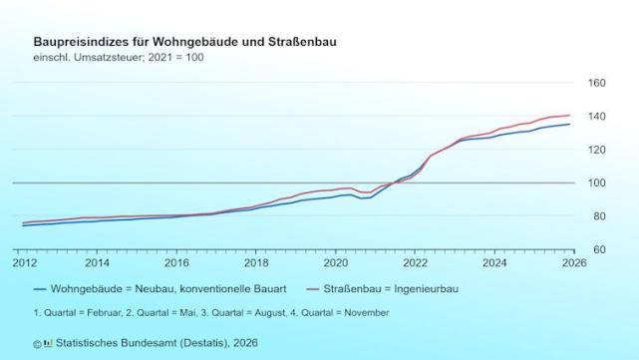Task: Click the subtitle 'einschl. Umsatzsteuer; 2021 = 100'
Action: pyautogui.click(x=119, y=58)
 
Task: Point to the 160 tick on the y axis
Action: pyautogui.click(x=596, y=84)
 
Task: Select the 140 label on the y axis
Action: pyautogui.click(x=596, y=117)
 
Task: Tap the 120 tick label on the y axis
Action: pyautogui.click(x=596, y=150)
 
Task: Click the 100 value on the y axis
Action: pyautogui.click(x=596, y=182)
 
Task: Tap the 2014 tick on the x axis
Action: pyautogui.click(x=97, y=263)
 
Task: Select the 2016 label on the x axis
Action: pyautogui.click(x=176, y=263)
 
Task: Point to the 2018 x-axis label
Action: pyautogui.click(x=256, y=263)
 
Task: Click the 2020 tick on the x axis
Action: pyautogui.click(x=336, y=263)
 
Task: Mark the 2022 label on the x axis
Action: pyautogui.click(x=416, y=263)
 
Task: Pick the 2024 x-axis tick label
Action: pyautogui.click(x=495, y=263)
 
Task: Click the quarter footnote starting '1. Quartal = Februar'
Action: pyautogui.click(x=211, y=313)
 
